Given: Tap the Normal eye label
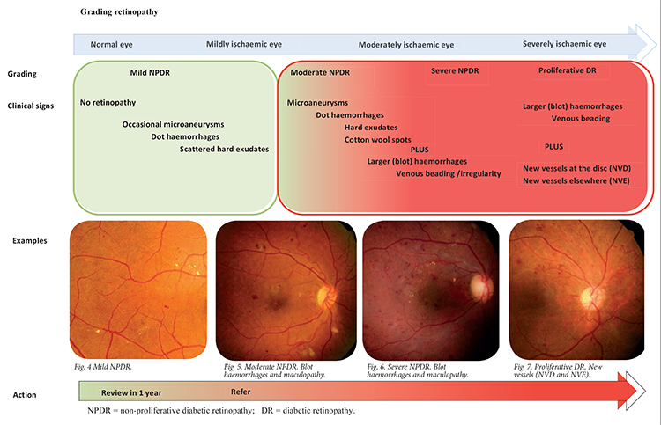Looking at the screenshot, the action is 113,44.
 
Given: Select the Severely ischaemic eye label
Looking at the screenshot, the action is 564,44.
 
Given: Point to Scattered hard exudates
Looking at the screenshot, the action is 224,149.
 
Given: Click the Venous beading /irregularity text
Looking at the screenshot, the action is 448,173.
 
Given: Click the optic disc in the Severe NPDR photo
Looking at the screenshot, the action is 479,285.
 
